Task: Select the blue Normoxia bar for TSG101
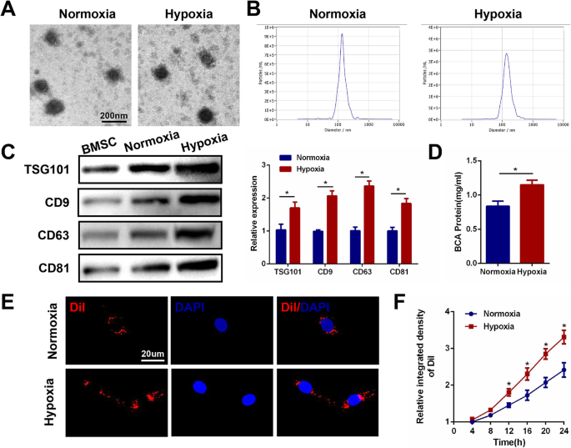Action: point(280,246)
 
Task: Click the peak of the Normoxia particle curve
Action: point(343,34)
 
